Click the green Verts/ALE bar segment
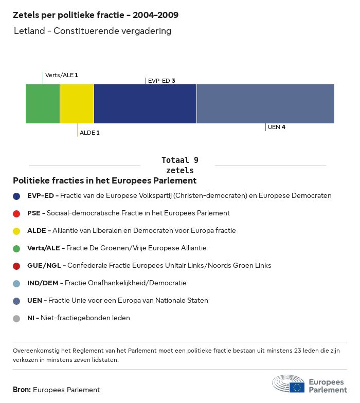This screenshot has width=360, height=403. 43,104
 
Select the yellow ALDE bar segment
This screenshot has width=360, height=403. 77,104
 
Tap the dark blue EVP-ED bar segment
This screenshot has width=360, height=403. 145,104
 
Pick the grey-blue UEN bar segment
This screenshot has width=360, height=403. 265,104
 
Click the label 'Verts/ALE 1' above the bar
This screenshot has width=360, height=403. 61,75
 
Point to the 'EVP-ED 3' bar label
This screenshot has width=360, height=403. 161,81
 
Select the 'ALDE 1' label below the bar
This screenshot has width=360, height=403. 89,133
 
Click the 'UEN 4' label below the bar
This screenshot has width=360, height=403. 276,127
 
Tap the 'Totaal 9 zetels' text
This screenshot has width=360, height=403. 180,165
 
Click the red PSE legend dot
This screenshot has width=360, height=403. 16,213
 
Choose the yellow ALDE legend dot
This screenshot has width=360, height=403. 16,231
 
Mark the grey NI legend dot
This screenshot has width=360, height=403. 16,318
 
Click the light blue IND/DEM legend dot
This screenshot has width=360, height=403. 16,283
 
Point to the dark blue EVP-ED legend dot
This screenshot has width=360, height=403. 16,196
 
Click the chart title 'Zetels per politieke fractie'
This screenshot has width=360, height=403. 96,15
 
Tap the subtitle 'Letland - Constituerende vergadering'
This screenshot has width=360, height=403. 93,31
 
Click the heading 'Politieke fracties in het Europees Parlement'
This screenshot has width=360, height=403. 104,181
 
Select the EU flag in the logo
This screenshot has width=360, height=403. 297,387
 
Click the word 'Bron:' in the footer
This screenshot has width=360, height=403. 22,390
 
